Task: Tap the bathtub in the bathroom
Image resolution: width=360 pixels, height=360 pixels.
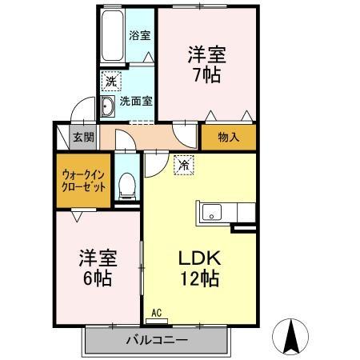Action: pyautogui.click(x=113, y=37)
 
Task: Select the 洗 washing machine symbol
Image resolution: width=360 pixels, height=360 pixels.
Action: pyautogui.click(x=110, y=82)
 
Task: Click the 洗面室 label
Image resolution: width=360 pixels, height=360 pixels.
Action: pyautogui.click(x=137, y=102)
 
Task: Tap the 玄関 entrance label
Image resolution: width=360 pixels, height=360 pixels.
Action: pyautogui.click(x=83, y=137)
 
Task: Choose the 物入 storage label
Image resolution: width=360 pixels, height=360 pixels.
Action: pyautogui.click(x=229, y=138)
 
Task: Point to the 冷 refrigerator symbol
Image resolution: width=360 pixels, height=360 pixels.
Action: pyautogui.click(x=183, y=166)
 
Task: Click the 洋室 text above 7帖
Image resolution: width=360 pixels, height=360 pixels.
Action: pyautogui.click(x=207, y=54)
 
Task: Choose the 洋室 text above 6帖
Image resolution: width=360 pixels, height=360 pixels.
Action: pyautogui.click(x=98, y=260)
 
